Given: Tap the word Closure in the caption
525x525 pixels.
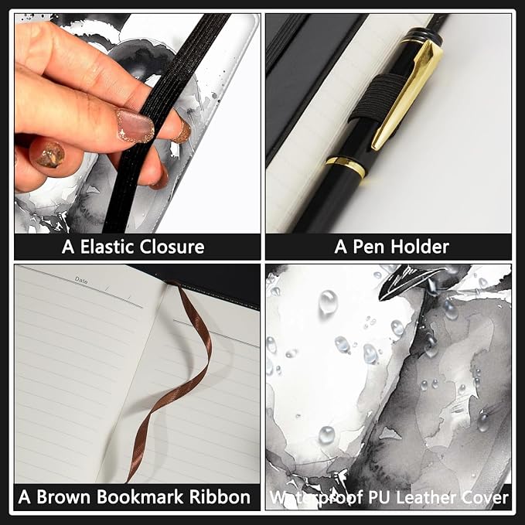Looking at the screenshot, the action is (x=172, y=247).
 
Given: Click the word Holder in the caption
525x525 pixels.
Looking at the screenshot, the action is (x=420, y=247).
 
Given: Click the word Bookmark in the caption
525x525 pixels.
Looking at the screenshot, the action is (x=141, y=497).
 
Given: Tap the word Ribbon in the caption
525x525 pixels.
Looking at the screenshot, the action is (x=220, y=497).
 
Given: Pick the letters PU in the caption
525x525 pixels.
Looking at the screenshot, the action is (x=380, y=497).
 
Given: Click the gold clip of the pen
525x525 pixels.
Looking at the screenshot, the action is (x=407, y=94).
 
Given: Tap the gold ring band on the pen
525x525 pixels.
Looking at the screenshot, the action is (x=346, y=167).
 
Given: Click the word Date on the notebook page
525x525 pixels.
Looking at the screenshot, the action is (x=81, y=280).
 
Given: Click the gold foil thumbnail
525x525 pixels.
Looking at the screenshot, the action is (x=50, y=155).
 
